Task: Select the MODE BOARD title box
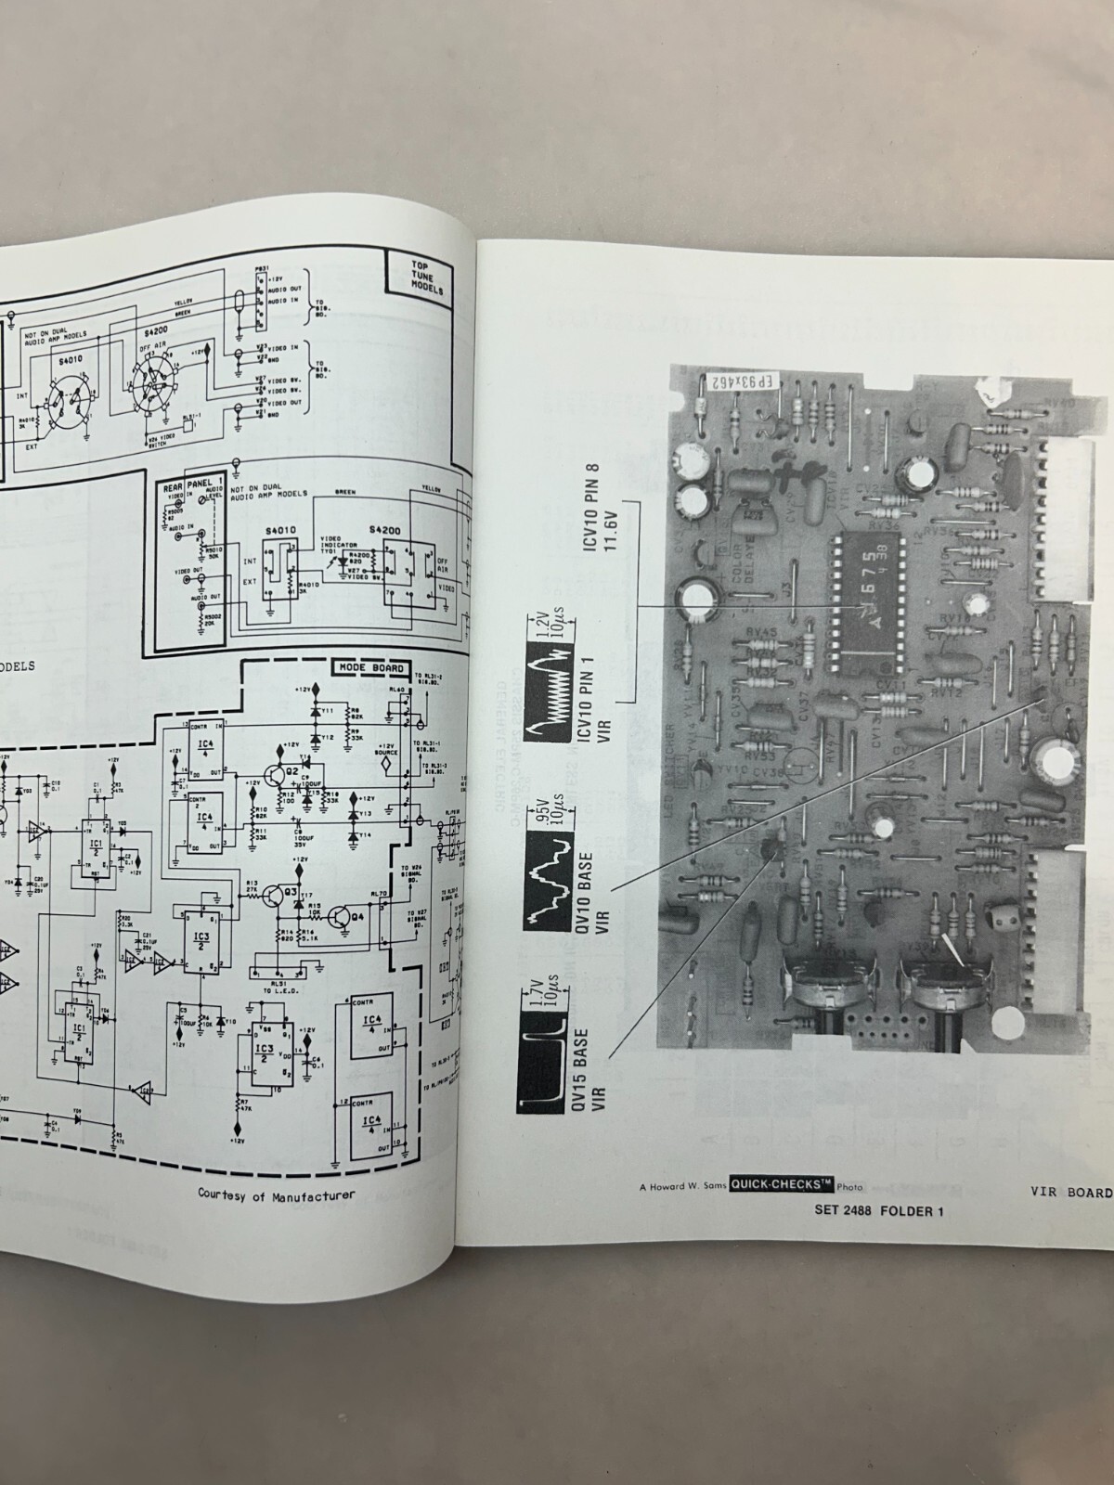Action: pos(369,668)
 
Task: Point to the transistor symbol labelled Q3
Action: pos(274,897)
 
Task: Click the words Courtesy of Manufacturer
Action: pos(276,1194)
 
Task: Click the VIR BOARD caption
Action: pos(1070,1192)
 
